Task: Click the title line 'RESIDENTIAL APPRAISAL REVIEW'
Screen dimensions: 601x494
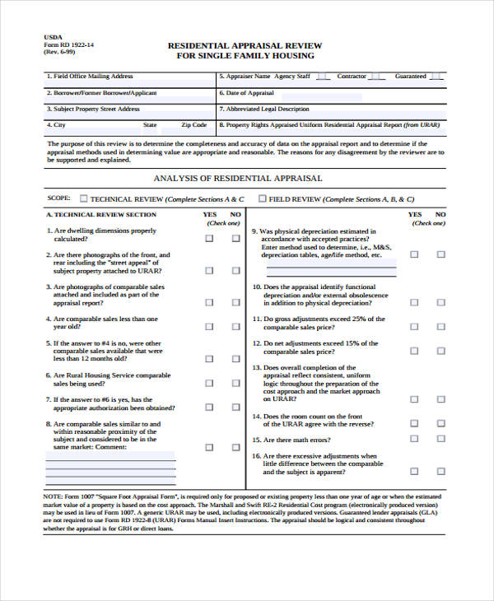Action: point(245,45)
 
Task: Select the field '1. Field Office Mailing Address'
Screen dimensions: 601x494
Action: point(91,77)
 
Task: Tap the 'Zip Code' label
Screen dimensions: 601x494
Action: point(193,125)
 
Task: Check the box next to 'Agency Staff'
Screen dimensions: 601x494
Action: point(323,77)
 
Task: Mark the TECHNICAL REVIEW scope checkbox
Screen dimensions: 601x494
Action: point(83,198)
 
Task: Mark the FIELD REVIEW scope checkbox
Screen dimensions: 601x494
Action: point(262,198)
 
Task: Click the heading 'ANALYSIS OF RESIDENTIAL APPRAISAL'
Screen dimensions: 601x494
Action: point(238,178)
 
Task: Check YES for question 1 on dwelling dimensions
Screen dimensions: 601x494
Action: point(209,239)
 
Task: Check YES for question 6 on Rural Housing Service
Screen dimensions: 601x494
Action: point(209,383)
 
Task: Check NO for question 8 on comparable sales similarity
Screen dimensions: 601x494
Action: point(235,447)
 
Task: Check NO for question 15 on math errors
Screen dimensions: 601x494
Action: point(440,440)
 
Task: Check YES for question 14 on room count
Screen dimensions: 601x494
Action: point(414,422)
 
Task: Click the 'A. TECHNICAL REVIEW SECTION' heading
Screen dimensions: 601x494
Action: point(100,214)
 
